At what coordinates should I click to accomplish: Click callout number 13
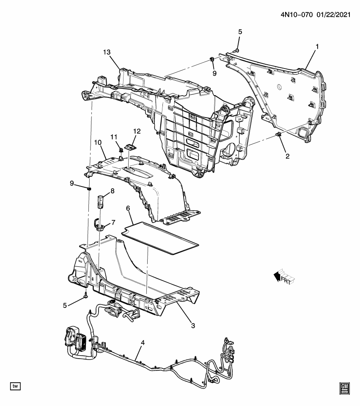(107, 52)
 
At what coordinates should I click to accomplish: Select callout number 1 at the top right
(317, 47)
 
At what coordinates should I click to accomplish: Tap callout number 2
(288, 156)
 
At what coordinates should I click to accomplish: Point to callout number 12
(137, 131)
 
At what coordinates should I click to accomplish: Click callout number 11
(114, 137)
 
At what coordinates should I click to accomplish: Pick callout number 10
(98, 143)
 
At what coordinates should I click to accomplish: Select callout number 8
(113, 191)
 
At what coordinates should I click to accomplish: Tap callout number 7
(113, 222)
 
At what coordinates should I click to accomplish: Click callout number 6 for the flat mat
(128, 208)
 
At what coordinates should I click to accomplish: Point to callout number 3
(193, 326)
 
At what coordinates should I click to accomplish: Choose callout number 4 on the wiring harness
(143, 343)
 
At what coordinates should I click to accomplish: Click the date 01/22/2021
(333, 15)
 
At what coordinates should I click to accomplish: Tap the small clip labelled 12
(131, 147)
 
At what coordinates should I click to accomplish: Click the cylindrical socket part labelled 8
(100, 202)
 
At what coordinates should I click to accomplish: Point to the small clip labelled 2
(278, 134)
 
